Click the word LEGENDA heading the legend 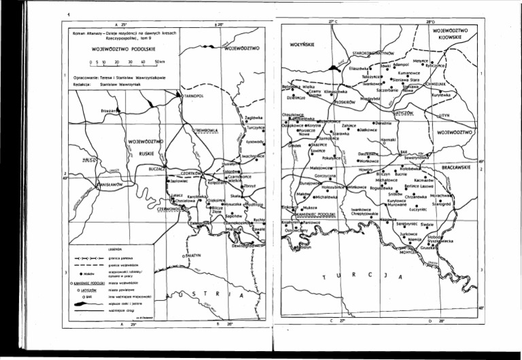coord(118,249)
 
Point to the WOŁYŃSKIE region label coord(296,48)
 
